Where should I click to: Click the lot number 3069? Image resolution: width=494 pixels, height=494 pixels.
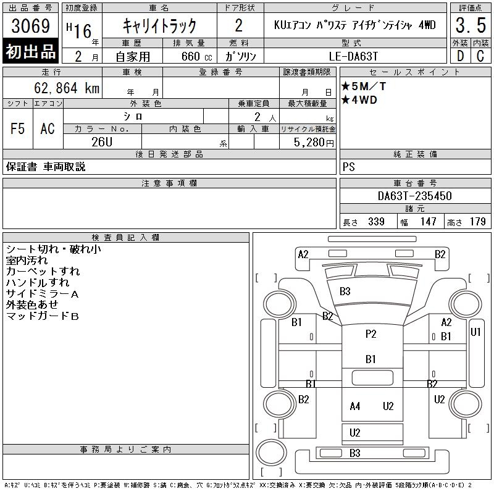tap(30, 27)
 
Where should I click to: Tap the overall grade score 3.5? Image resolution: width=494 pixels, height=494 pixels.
tap(470, 27)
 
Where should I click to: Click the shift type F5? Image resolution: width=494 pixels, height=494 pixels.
tap(18, 129)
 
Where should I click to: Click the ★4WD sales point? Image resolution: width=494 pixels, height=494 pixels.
tap(359, 100)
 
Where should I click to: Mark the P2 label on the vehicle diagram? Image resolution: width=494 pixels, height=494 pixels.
tap(371, 334)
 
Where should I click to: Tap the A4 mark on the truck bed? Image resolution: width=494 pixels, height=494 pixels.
tap(354, 406)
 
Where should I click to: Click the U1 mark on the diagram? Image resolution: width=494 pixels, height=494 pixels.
tap(475, 332)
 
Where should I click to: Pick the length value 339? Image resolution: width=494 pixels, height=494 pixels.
tap(376, 222)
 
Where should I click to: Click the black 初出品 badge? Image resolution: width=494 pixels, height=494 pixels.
tap(30, 52)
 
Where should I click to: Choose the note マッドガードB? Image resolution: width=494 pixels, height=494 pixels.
tap(43, 316)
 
